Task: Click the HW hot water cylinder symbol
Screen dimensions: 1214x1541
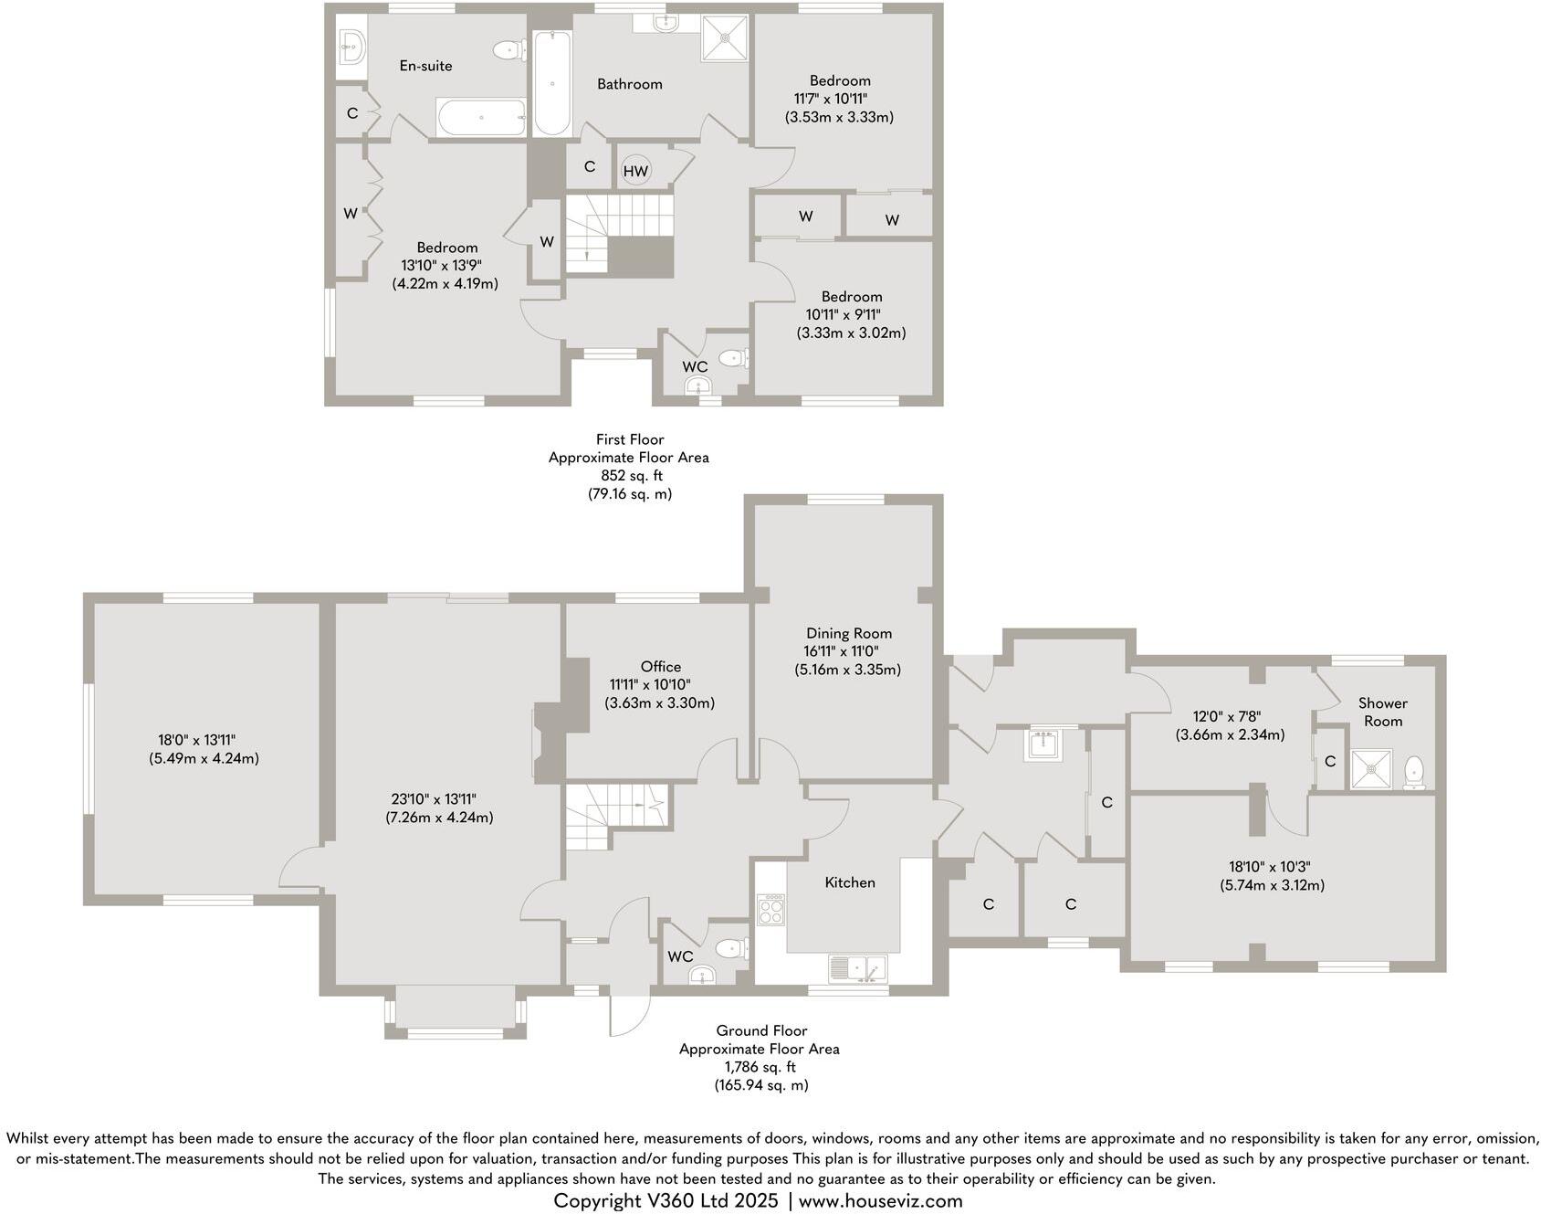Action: pos(635,171)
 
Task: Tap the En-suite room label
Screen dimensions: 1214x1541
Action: pos(425,66)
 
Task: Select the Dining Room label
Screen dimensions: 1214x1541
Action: pos(848,633)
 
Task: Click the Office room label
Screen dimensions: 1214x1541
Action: pos(660,667)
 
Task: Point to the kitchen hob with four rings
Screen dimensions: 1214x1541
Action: pos(770,909)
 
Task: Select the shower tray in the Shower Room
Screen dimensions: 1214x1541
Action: pos(1372,769)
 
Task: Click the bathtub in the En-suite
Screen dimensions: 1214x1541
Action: pos(481,118)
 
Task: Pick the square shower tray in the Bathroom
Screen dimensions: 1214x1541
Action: pos(725,38)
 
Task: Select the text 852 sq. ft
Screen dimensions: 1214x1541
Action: pos(629,476)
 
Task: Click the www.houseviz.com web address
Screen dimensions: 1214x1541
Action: pos(880,1201)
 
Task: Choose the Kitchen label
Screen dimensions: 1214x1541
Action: pos(849,882)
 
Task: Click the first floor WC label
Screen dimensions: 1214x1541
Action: pos(695,366)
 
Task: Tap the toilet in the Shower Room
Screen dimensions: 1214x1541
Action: pos(1413,772)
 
